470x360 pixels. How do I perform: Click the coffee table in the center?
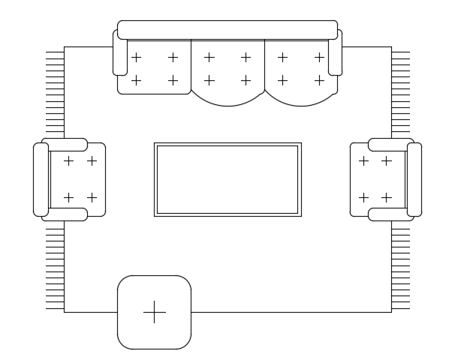[227, 179]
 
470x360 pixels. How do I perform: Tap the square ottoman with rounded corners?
[154, 312]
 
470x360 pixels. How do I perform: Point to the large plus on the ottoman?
[154, 312]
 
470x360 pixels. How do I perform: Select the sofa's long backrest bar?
[227, 30]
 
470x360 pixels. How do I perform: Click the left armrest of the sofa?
[120, 52]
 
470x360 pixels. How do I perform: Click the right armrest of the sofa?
[335, 52]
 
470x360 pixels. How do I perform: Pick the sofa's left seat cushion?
[155, 67]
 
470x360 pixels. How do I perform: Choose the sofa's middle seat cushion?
[227, 71]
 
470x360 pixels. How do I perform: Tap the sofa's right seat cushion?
[300, 71]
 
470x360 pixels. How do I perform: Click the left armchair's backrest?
[41, 179]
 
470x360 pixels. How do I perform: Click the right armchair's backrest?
[414, 179]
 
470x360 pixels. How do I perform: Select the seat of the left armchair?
[78, 179]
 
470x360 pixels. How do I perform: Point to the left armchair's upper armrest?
[65, 145]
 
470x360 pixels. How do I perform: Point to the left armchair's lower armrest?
[65, 214]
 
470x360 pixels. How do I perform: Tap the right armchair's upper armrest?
[390, 145]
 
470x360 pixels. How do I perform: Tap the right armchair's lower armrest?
[390, 214]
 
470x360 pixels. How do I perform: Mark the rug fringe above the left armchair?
[55, 94]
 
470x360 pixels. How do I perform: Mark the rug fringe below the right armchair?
[400, 266]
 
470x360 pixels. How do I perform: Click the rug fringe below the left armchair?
[55, 266]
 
